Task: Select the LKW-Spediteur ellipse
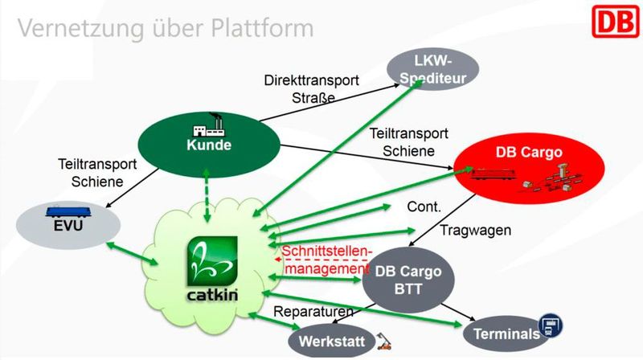[433, 66]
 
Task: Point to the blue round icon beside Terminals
[550, 325]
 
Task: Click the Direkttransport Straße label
[299, 89]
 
